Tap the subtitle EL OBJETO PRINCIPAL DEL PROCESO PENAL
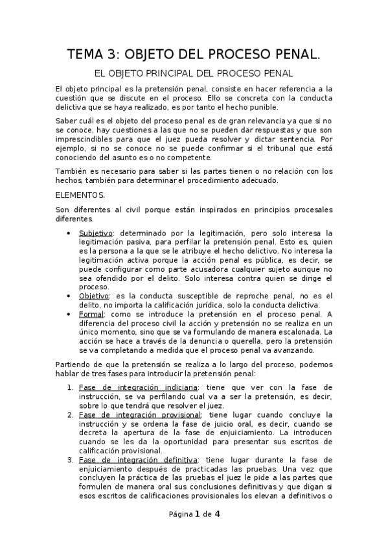point(194,74)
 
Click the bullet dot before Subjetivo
point(69,233)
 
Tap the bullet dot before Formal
point(69,315)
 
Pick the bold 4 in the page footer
point(218,514)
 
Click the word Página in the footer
point(181,514)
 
